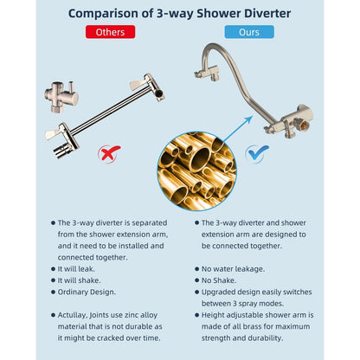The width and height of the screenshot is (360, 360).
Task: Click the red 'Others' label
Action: tap(110, 32)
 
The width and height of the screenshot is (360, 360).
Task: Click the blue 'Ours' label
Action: tap(249, 32)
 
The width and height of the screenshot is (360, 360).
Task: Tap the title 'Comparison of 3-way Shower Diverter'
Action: tap(180, 12)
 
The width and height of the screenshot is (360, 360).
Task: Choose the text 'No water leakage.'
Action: tap(233, 269)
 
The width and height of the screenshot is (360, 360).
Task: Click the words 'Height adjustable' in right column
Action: tap(229, 316)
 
